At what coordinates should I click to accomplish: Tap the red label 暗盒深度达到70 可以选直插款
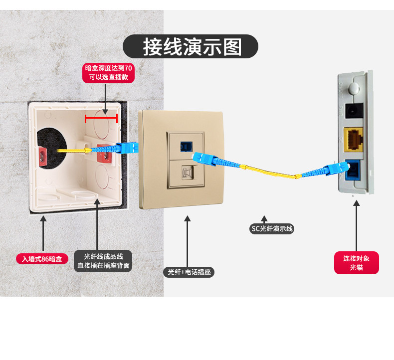(x=108, y=73)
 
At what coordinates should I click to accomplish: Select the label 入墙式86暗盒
(x=42, y=259)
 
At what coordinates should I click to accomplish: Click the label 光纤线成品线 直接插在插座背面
(x=103, y=261)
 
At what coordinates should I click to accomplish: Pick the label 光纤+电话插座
(x=189, y=272)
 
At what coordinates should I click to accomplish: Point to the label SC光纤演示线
(x=272, y=228)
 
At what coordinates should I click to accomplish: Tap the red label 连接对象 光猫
(x=356, y=263)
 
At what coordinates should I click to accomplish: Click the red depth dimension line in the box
(x=101, y=118)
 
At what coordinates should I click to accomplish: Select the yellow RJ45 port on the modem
(x=354, y=140)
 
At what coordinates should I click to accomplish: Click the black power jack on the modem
(x=354, y=111)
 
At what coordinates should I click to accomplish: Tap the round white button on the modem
(x=354, y=88)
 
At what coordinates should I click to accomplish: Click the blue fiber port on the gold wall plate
(x=186, y=147)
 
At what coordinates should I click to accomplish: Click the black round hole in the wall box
(x=51, y=148)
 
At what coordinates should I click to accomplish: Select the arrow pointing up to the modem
(x=356, y=225)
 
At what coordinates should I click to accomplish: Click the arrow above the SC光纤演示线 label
(x=264, y=219)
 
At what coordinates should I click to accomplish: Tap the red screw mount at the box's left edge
(x=42, y=157)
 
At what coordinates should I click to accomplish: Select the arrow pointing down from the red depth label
(x=105, y=99)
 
